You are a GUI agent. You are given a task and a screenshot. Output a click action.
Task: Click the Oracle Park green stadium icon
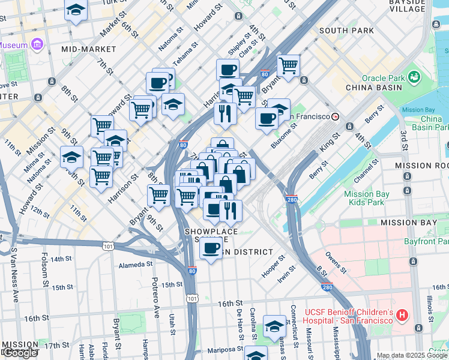pyautogui.click(x=414, y=77)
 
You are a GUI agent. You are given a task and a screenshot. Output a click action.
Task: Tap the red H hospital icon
pyautogui.click(x=402, y=315)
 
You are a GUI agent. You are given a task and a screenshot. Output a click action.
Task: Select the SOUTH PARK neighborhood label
pyautogui.click(x=346, y=31)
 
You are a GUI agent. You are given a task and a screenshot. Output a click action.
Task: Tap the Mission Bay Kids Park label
pyautogui.click(x=366, y=198)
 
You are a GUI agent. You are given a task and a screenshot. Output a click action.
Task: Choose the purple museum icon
pyautogui.click(x=37, y=44)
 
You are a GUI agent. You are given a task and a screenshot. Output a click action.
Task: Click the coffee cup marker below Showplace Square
pyautogui.click(x=211, y=248)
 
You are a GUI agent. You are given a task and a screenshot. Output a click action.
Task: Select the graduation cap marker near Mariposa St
pyautogui.click(x=256, y=354)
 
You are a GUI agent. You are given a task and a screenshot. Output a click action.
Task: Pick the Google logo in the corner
pyautogui.click(x=20, y=353)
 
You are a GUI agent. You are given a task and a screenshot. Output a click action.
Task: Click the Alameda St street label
pyautogui.click(x=136, y=265)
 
